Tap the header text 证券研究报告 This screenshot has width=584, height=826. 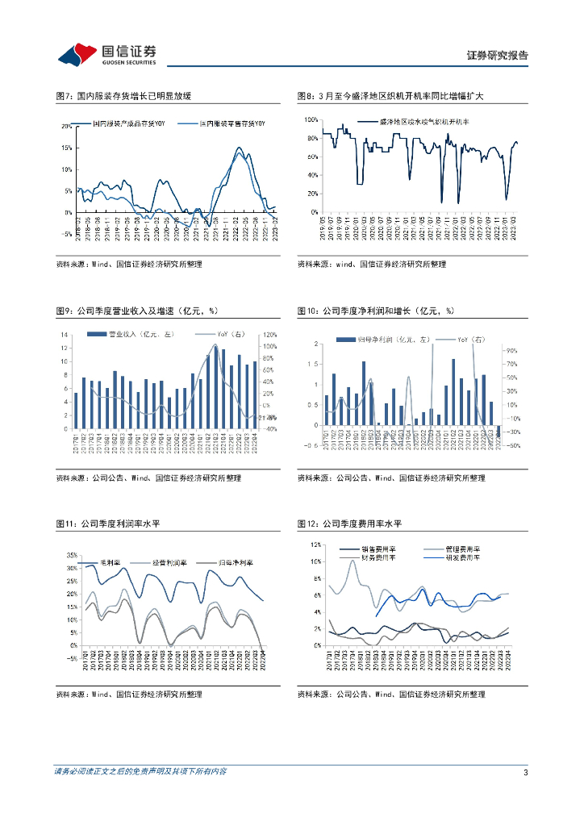[498, 56]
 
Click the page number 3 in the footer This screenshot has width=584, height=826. [525, 773]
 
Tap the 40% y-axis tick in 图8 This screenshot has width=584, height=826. [311, 174]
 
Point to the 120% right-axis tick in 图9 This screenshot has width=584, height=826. [269, 334]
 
